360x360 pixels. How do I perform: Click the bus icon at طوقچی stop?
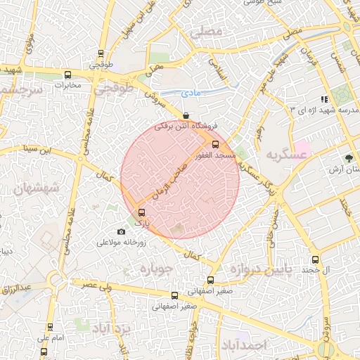102,53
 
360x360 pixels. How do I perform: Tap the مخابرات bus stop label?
69,86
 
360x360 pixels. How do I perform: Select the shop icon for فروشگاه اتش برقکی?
186,115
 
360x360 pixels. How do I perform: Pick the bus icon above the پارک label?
143,212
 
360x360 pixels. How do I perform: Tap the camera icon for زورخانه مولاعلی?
121,232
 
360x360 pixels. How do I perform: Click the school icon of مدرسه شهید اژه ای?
324,99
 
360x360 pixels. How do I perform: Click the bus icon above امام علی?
50,326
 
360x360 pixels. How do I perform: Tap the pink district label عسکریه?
283,154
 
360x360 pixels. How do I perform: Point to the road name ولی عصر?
96,285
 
